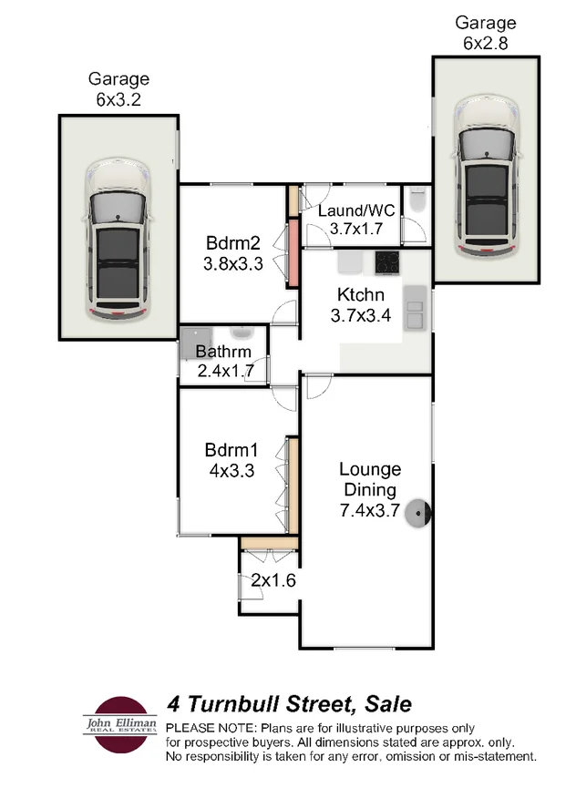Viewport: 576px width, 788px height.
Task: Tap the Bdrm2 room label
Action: tap(233, 244)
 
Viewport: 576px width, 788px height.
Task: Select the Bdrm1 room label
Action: tap(232, 450)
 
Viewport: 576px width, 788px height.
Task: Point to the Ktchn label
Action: tap(361, 295)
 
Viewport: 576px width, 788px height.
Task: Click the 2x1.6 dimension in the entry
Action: tap(267, 579)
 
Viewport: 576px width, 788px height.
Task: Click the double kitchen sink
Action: tap(416, 307)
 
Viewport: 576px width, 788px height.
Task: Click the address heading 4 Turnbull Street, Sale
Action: tap(289, 704)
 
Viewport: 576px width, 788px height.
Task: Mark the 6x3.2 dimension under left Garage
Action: tap(118, 98)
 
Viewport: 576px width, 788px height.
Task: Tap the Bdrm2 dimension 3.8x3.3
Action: tap(233, 264)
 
